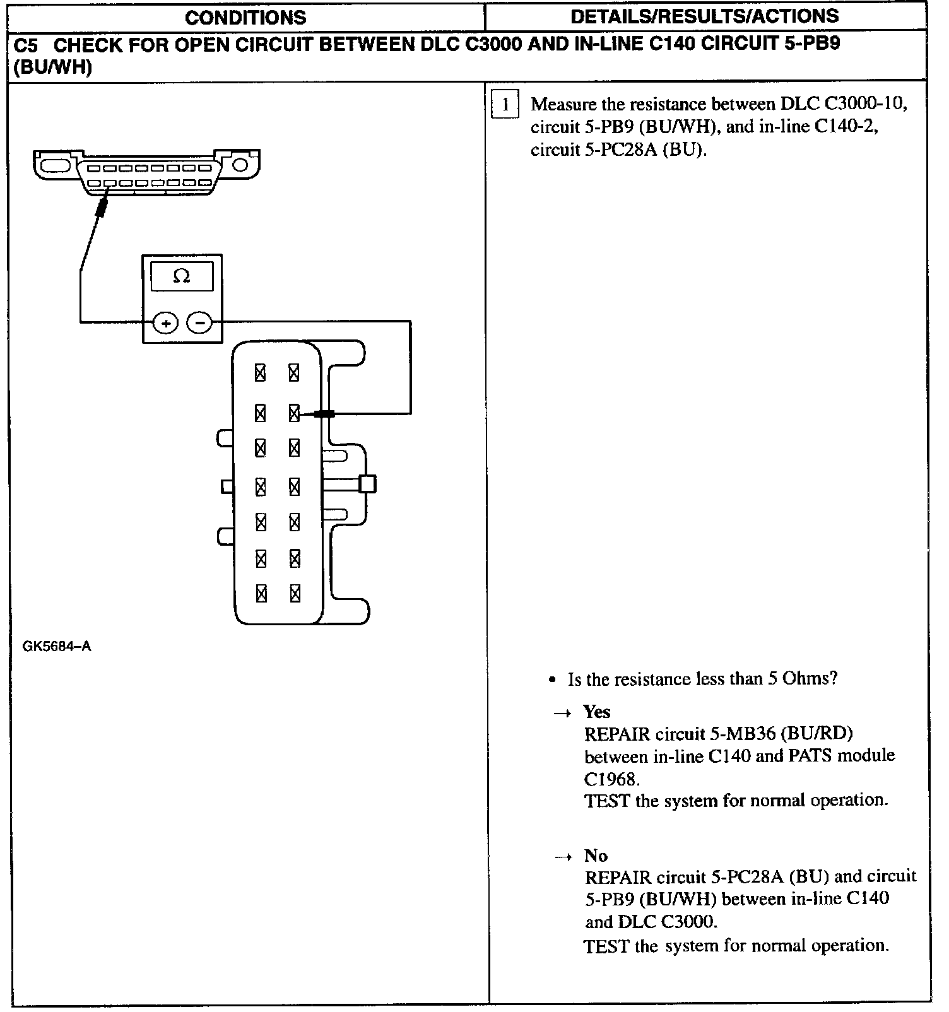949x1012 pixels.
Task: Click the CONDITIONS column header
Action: coord(245,17)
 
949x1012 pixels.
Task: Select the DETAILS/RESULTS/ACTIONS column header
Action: coord(705,16)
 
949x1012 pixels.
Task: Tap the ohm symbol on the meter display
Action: coord(182,276)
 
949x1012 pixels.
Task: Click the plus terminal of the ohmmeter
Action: coord(166,324)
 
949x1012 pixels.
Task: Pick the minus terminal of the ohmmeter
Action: coord(200,324)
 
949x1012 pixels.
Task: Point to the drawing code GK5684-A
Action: coord(57,647)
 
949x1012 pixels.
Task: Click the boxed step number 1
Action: coord(505,105)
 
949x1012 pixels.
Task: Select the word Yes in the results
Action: coord(596,712)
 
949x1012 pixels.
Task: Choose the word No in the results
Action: coord(596,856)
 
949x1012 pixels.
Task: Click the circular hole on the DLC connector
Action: coord(240,165)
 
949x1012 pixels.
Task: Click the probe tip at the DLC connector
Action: coord(101,207)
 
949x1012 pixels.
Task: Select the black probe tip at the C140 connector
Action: coord(324,414)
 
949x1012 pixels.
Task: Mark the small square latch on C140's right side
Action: coord(367,484)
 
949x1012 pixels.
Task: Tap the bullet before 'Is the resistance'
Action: coord(553,680)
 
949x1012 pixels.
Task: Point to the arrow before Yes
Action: coord(561,713)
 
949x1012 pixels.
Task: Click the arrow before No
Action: coord(562,857)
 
